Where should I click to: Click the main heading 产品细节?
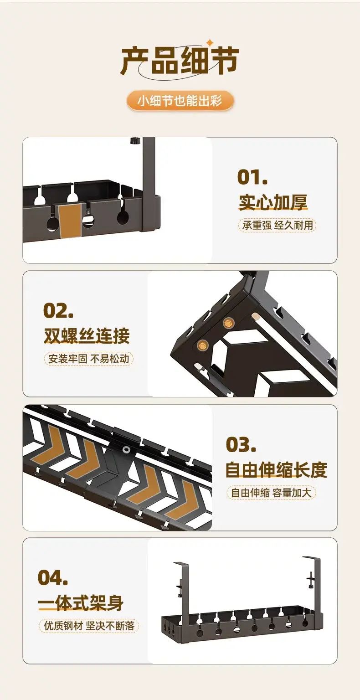pos(180,61)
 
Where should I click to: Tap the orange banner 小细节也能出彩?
pos(180,101)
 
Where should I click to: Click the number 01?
pos(252,177)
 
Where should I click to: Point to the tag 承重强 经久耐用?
pos(277,225)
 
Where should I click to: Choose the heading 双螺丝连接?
pos(87,335)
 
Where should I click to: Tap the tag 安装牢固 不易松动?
pos(88,359)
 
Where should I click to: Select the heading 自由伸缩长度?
pos(276,470)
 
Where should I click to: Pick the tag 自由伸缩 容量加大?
pos(271,493)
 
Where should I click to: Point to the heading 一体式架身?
pos(81,603)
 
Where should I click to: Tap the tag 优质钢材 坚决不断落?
pos(88,625)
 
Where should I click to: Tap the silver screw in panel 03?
pos(126,450)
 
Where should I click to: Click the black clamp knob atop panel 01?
pos(135,141)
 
